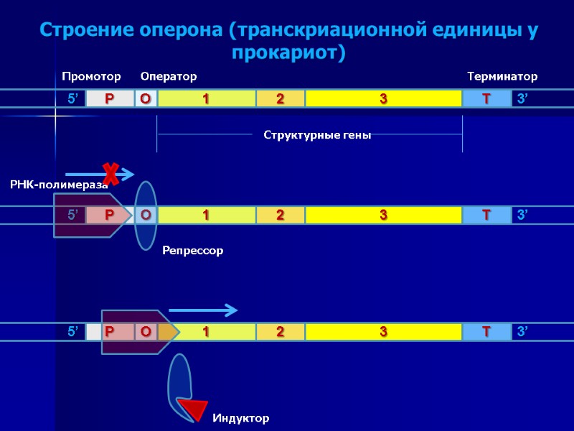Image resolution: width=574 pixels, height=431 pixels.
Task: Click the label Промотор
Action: coord(91,76)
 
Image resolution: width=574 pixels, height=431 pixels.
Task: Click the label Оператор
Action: coord(168,76)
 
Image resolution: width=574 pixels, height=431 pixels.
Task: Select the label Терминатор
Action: coord(502,76)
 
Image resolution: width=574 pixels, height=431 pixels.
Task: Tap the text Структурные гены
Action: coord(317,135)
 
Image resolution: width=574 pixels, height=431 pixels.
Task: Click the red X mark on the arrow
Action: coord(110,173)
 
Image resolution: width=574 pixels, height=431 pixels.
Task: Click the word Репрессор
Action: coord(192,251)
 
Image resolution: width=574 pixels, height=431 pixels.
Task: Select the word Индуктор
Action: coord(240,417)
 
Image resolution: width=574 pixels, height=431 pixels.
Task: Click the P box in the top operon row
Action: coord(110,99)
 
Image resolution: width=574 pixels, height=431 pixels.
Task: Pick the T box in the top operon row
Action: coord(486,99)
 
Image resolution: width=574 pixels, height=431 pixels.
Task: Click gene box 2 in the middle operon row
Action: coord(280,215)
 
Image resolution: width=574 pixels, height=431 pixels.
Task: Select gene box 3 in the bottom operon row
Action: coord(383,332)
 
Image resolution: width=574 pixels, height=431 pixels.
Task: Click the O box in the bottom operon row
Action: coord(146,332)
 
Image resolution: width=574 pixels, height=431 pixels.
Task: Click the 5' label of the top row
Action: coord(73,99)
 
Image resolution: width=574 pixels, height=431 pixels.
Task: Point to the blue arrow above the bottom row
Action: coord(202,310)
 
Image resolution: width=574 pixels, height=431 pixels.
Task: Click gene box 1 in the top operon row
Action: coord(206,99)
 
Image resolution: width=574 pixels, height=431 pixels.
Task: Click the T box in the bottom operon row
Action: coord(486,332)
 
